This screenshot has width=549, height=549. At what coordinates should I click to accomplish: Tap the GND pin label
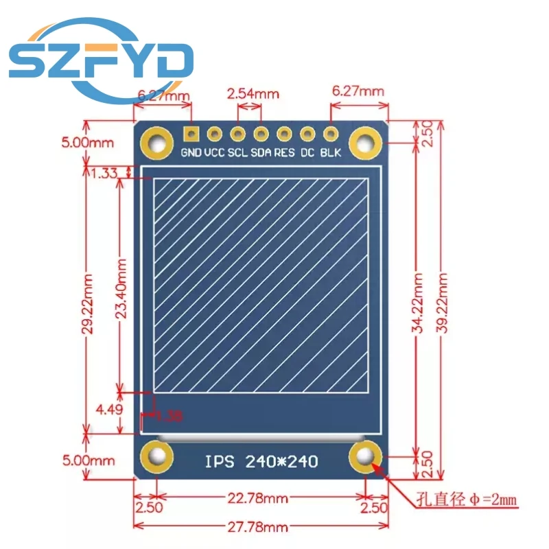pyautogui.click(x=191, y=152)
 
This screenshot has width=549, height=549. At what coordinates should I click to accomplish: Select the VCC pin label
pyautogui.click(x=215, y=152)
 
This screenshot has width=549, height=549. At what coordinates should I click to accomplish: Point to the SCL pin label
pyautogui.click(x=238, y=152)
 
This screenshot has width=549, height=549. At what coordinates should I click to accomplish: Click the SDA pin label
pyautogui.click(x=261, y=152)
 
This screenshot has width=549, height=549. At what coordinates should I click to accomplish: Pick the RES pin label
pyautogui.click(x=284, y=152)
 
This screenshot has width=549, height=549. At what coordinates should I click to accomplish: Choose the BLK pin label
pyautogui.click(x=331, y=152)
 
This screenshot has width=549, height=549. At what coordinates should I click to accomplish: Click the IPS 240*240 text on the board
pyautogui.click(x=261, y=460)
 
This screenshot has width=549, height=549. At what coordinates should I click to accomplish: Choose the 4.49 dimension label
pyautogui.click(x=108, y=410)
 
